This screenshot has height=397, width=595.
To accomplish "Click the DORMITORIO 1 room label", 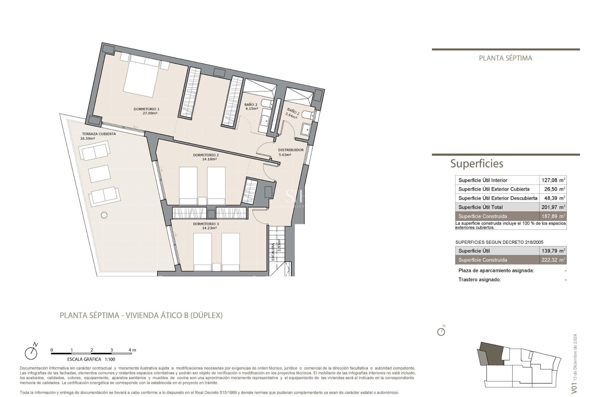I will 146,109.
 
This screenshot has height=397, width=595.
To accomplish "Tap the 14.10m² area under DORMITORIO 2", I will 209,159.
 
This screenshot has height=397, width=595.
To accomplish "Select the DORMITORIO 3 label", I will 206,224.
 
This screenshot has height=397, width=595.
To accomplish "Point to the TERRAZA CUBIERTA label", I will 99,134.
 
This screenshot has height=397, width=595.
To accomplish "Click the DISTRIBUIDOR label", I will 291,150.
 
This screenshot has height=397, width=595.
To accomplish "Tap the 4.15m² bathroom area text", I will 252,109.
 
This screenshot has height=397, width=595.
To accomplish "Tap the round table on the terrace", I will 104,215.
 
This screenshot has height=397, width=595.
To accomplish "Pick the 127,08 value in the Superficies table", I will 549,180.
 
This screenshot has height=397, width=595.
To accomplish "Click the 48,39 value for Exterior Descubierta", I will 550,198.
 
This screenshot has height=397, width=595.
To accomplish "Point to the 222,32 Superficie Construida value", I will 549,260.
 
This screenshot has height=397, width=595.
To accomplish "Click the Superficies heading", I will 477,163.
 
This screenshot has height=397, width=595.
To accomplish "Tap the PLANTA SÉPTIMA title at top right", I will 505,58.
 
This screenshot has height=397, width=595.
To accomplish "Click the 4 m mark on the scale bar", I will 132,350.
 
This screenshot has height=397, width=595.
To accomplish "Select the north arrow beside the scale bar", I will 31,352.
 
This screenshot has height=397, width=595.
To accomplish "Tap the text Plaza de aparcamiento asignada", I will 496,270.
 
